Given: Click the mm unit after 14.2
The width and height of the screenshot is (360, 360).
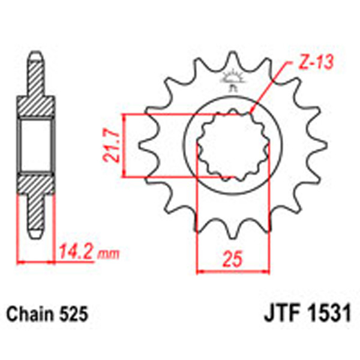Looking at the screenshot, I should point(109,254).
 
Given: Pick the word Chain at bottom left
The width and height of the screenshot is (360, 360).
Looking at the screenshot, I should point(28,314).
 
